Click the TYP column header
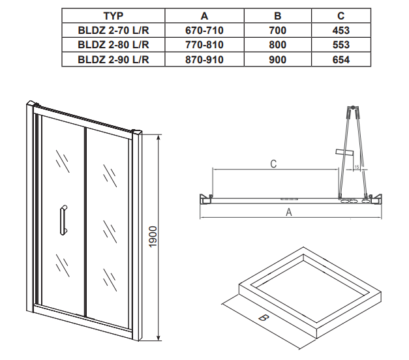coord(114,16)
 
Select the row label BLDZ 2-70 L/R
coord(114,31)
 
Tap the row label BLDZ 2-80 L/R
coord(114,45)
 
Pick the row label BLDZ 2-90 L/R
coord(114,60)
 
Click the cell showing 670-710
coord(204,31)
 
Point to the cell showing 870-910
coord(204,60)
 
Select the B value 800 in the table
coord(277,45)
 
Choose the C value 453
coord(341,31)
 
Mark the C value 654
coord(341,60)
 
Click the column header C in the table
coord(341,16)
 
